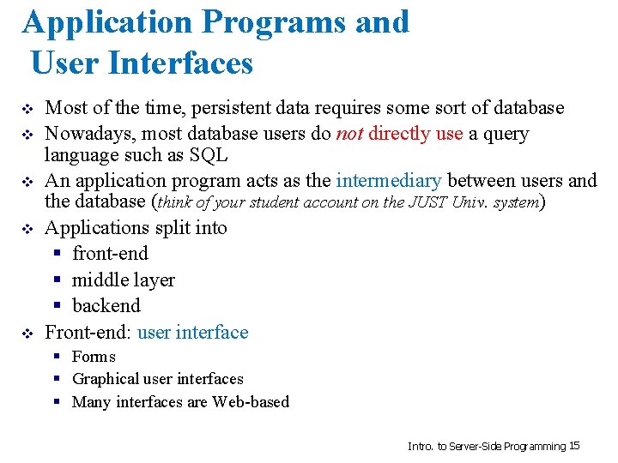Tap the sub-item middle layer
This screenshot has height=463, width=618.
124,280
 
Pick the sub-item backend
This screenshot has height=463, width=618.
106,306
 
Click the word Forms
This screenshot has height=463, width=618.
94,357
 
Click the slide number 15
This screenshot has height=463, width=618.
575,446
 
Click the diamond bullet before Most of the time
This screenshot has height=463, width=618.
27,110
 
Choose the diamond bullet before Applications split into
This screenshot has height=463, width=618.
27,230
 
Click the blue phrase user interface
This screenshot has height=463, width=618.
192,333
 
